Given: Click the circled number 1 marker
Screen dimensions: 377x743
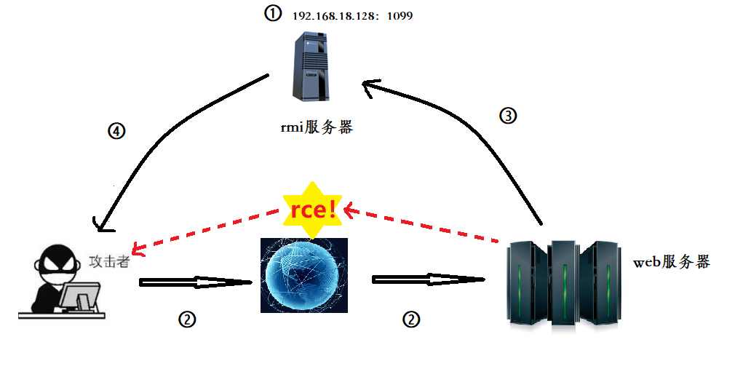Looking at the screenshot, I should [x=272, y=14].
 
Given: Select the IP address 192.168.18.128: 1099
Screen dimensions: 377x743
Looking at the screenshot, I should [x=352, y=15].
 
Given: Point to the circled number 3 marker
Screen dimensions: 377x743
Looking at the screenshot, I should [x=508, y=115].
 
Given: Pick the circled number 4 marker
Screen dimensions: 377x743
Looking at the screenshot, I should [x=116, y=132].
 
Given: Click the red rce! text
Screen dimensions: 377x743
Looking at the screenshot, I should [x=314, y=210].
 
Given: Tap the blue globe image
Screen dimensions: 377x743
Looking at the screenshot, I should [x=304, y=276].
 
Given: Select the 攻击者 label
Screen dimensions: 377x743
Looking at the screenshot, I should [x=109, y=261].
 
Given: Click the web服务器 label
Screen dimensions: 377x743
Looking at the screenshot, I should [x=671, y=262].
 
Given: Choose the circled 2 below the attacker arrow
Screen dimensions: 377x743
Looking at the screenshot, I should [x=187, y=319].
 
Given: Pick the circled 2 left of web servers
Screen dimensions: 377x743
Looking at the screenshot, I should [x=411, y=319].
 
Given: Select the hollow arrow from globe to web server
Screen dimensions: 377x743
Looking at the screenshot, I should [x=428, y=279].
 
